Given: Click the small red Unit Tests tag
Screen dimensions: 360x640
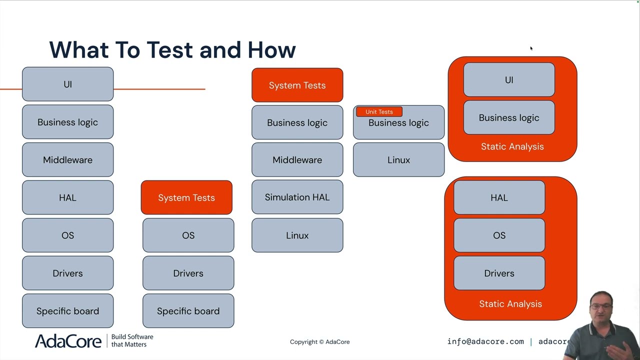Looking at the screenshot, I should click(x=379, y=111).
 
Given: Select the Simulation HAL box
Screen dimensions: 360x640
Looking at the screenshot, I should click(x=297, y=197).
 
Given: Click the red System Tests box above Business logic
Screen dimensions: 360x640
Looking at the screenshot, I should click(x=297, y=85).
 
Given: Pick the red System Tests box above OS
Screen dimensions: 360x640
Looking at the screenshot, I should click(x=186, y=197).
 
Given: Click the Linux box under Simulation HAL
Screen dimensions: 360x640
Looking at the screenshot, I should click(x=297, y=235).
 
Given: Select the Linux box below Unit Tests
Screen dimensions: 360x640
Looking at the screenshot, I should click(x=398, y=160).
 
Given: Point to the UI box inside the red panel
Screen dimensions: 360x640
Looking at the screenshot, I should click(x=509, y=80).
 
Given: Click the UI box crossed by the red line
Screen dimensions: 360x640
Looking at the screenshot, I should click(x=67, y=84).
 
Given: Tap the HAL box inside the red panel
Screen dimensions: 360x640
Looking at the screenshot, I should click(x=499, y=197).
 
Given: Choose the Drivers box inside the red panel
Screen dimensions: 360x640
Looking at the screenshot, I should click(x=499, y=273).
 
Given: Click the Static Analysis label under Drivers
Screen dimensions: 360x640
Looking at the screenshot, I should click(x=510, y=304).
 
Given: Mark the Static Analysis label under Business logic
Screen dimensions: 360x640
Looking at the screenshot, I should click(x=512, y=146).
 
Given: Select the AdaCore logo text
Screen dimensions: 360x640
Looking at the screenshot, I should click(x=68, y=341).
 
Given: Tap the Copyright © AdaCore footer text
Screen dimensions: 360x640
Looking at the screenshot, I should click(x=319, y=342).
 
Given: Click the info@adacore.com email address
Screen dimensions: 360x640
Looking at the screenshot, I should click(x=485, y=341).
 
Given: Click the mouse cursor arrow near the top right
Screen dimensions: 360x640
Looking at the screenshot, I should click(x=531, y=48).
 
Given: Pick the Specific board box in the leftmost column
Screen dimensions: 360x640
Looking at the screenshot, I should click(x=67, y=311).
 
